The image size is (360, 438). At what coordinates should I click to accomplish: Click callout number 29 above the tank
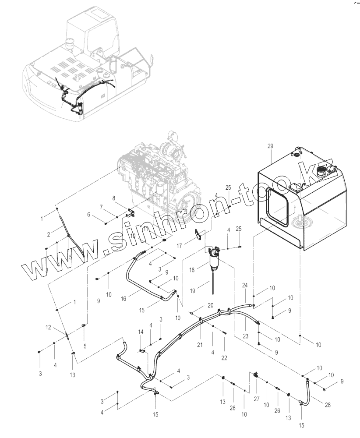click(270, 145)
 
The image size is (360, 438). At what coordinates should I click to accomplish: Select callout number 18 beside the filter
click(192, 270)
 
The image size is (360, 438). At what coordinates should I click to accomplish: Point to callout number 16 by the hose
click(124, 299)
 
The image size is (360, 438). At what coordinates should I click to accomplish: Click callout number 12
click(49, 328)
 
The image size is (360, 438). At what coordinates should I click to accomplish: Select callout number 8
click(115, 198)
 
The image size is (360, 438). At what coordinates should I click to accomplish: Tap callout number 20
click(210, 305)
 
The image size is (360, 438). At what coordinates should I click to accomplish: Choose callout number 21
click(200, 345)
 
